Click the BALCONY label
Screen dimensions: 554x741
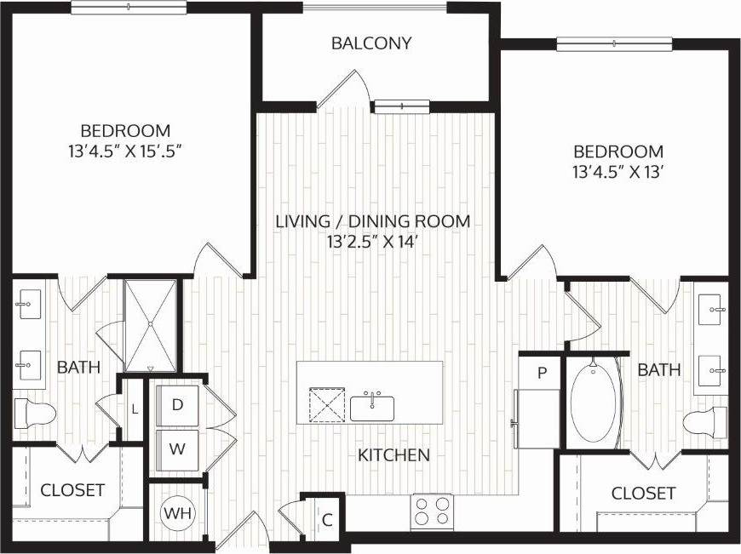click(372, 43)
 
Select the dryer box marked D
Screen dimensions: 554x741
click(178, 405)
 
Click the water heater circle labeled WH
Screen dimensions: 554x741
click(177, 514)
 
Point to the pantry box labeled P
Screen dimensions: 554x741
click(541, 372)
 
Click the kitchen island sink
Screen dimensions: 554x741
click(372, 407)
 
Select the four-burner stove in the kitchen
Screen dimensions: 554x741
click(431, 512)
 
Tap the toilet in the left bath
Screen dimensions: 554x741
click(34, 414)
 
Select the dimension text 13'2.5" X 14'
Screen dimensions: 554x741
click(372, 242)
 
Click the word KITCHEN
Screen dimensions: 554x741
click(393, 455)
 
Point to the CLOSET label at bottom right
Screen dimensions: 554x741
click(643, 493)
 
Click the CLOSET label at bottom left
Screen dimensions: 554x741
click(72, 490)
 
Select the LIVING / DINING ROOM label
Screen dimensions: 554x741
click(372, 221)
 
